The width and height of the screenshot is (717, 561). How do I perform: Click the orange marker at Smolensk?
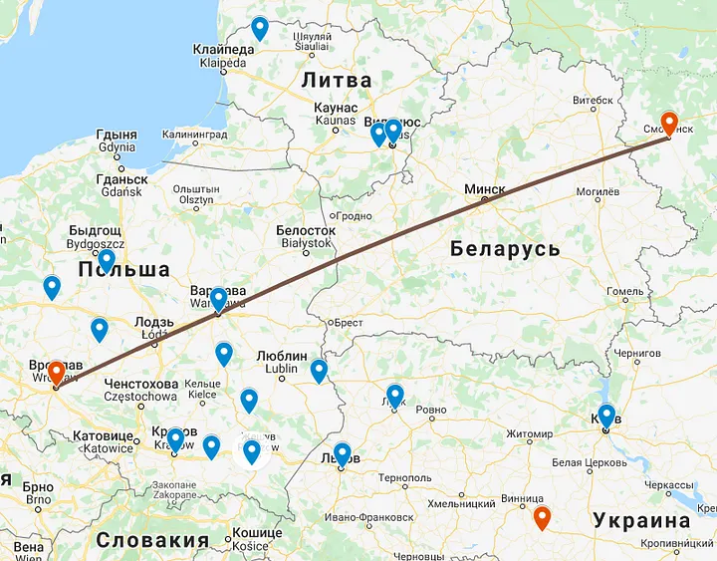tap(669, 122)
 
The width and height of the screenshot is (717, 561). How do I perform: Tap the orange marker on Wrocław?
tap(57, 372)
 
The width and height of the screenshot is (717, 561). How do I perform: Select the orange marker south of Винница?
tap(542, 517)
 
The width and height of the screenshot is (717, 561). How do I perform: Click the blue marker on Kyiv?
tap(606, 415)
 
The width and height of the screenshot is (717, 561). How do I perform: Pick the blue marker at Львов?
tap(343, 453)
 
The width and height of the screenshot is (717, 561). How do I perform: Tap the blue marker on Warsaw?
tap(218, 298)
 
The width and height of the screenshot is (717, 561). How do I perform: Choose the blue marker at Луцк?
tap(395, 395)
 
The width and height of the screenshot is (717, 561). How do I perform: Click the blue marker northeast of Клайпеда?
tap(260, 27)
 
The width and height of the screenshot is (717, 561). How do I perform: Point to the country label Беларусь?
tap(505, 248)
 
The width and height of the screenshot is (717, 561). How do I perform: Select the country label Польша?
tap(123, 270)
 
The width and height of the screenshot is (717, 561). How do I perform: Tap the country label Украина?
tap(641, 520)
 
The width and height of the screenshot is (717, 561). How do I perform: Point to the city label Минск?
tap(484, 189)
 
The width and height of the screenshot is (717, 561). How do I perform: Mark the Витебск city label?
tap(592, 100)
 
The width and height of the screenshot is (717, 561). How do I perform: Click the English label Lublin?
tap(280, 369)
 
